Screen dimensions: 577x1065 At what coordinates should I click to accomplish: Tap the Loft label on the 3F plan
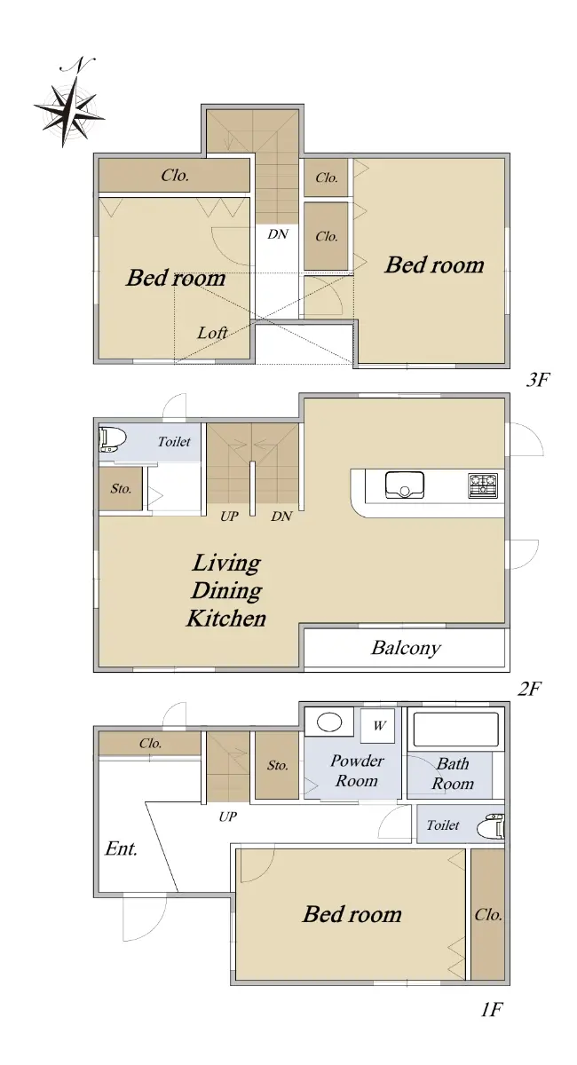click(x=212, y=333)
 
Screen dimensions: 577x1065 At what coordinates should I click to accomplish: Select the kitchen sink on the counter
click(x=404, y=485)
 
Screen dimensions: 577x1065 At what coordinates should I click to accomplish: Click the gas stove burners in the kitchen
click(x=483, y=485)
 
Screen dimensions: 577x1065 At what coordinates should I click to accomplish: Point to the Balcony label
click(x=406, y=648)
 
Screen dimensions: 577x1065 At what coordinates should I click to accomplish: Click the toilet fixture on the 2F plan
click(x=112, y=440)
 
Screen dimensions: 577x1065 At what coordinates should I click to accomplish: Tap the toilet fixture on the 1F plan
click(x=492, y=826)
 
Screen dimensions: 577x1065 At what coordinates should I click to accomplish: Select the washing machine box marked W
click(x=377, y=726)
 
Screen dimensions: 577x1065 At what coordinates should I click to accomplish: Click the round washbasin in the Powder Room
click(x=329, y=722)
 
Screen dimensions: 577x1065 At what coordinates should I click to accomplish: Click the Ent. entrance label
click(x=122, y=848)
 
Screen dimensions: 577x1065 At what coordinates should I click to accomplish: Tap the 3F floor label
click(x=538, y=380)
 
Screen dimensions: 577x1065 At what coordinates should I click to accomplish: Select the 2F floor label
click(x=529, y=688)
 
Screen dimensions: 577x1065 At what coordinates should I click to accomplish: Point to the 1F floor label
click(x=492, y=1009)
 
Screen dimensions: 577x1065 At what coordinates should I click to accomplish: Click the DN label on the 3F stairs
click(x=278, y=234)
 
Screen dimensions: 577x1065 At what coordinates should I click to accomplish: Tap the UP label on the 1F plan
click(x=228, y=816)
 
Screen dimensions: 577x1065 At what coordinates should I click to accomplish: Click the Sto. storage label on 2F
click(x=121, y=488)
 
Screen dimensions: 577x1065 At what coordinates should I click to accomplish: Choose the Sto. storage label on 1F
click(x=277, y=765)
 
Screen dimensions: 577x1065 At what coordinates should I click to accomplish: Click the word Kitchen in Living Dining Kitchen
click(x=226, y=618)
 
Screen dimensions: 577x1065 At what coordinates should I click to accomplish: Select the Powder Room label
click(x=357, y=771)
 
